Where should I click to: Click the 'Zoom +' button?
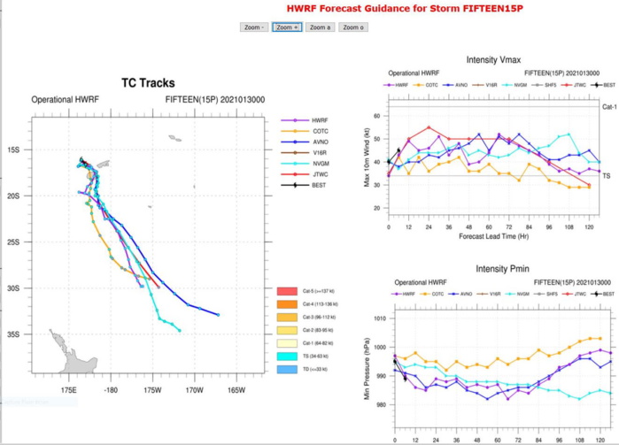pos(287,27)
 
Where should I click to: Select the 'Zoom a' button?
pos(320,27)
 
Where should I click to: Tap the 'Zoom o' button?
pos(352,27)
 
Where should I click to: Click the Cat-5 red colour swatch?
pos(286,291)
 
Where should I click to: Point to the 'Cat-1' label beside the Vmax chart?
pos(609,106)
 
